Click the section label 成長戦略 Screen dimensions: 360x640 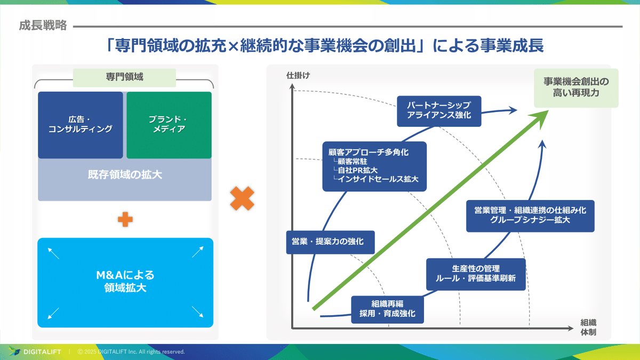pyautogui.click(x=43, y=26)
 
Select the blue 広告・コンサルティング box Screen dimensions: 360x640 pyautogui.click(x=81, y=125)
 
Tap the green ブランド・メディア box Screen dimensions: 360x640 pyautogui.click(x=169, y=125)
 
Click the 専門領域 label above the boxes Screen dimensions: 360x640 pyautogui.click(x=124, y=77)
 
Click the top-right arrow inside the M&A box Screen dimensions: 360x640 pyautogui.click(x=197, y=252)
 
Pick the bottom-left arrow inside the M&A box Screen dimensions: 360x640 pyautogui.click(x=53, y=313)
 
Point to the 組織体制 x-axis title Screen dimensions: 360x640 pyautogui.click(x=588, y=327)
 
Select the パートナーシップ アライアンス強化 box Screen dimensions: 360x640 pyautogui.click(x=439, y=110)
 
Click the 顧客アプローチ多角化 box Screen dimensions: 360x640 pyautogui.click(x=374, y=166)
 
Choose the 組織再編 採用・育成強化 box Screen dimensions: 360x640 pyautogui.click(x=387, y=309)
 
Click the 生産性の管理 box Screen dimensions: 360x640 pyautogui.click(x=475, y=273)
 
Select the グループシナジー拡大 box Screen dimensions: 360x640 pyautogui.click(x=530, y=215)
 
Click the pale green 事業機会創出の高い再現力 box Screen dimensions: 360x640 pyautogui.click(x=576, y=87)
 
